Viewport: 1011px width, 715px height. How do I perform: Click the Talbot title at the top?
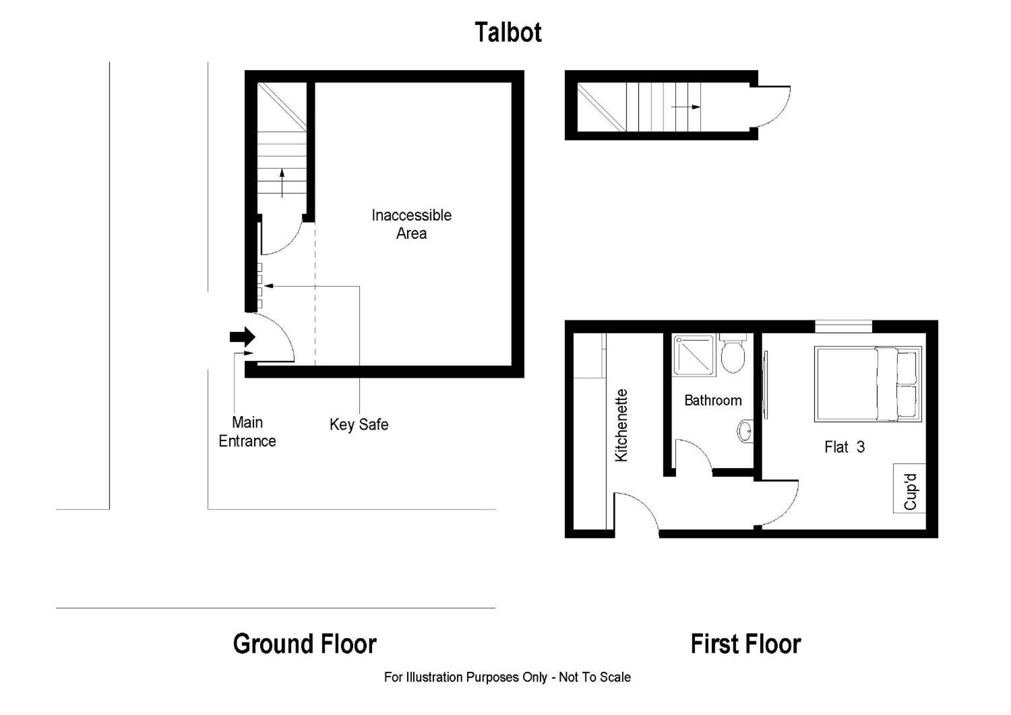[x=508, y=32]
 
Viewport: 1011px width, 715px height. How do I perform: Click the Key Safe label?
[x=359, y=425]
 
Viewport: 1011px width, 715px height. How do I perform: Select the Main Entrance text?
[x=248, y=432]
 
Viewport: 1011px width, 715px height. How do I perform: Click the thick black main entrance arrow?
[x=242, y=337]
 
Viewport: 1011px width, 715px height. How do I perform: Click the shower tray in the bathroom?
[x=694, y=355]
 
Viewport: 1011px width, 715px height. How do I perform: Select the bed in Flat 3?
[x=867, y=384]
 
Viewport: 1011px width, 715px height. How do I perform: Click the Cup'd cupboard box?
[x=909, y=488]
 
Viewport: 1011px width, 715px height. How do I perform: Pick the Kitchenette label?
[x=621, y=426]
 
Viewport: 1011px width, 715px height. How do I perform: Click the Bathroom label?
[x=713, y=401]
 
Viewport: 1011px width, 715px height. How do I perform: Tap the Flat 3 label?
[x=845, y=447]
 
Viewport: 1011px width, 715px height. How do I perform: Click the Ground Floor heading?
[x=305, y=644]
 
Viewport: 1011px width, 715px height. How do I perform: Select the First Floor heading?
[x=746, y=644]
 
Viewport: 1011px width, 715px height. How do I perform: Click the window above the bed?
[x=843, y=327]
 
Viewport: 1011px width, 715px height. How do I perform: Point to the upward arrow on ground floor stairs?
[x=282, y=183]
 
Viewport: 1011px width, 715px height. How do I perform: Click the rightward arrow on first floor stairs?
[x=686, y=106]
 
